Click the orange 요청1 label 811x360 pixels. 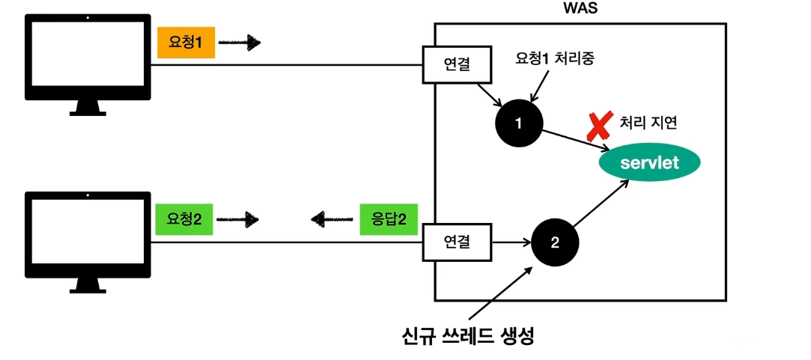pyautogui.click(x=184, y=43)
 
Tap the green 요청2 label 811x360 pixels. pyautogui.click(x=184, y=219)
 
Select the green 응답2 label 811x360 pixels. pyautogui.click(x=389, y=219)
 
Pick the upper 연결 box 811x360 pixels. pyautogui.click(x=457, y=65)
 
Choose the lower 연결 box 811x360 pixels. pyautogui.click(x=457, y=242)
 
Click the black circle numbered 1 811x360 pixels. pyautogui.click(x=519, y=123)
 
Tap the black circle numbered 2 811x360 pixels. pyautogui.click(x=555, y=242)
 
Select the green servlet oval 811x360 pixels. pyautogui.click(x=649, y=162)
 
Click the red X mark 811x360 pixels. pyautogui.click(x=600, y=126)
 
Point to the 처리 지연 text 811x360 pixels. pyautogui.click(x=649, y=122)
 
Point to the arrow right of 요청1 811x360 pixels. pyautogui.click(x=240, y=43)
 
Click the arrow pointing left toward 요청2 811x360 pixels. pyautogui.click(x=332, y=219)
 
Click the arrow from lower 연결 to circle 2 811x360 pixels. pyautogui.click(x=511, y=242)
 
